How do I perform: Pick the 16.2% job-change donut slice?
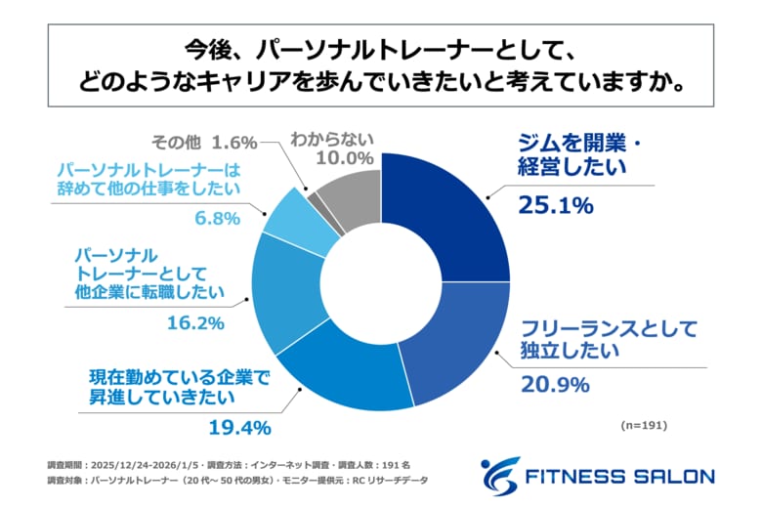point(283,293)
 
